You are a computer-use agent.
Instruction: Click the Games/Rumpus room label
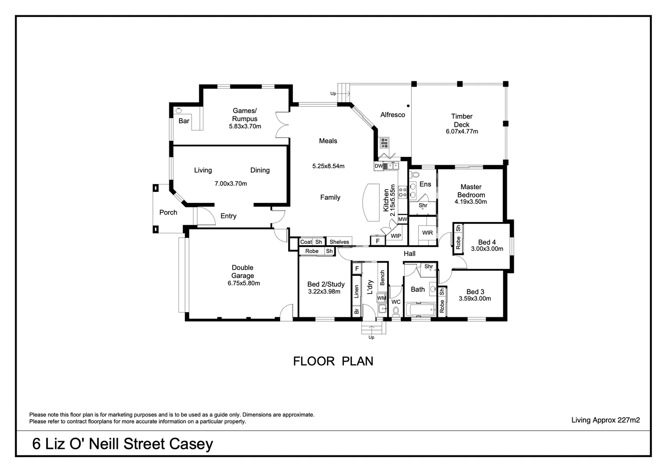point(244,115)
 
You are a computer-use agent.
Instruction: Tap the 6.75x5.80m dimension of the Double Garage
point(244,283)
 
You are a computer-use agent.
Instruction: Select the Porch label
point(168,212)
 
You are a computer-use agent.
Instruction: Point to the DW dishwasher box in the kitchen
point(378,166)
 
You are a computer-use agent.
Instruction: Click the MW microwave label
point(402,219)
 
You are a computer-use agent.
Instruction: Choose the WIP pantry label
point(396,236)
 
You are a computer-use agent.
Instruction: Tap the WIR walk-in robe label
point(427,233)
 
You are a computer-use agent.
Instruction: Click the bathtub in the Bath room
point(420,310)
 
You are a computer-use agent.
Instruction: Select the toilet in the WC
point(396,311)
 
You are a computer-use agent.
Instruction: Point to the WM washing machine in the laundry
point(382,298)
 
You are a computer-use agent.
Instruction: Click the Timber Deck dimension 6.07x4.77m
point(461,132)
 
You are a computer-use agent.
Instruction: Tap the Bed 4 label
point(487,242)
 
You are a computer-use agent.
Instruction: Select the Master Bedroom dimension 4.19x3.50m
point(471,202)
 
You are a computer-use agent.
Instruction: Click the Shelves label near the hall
point(339,242)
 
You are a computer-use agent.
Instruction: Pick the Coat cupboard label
point(306,242)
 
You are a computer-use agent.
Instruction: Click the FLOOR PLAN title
point(333,361)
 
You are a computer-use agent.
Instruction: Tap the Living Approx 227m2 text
point(605,420)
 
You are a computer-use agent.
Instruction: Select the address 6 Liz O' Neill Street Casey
point(123,444)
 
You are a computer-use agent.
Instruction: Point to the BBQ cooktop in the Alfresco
point(384,142)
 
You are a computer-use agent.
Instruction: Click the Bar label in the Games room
point(184,121)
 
